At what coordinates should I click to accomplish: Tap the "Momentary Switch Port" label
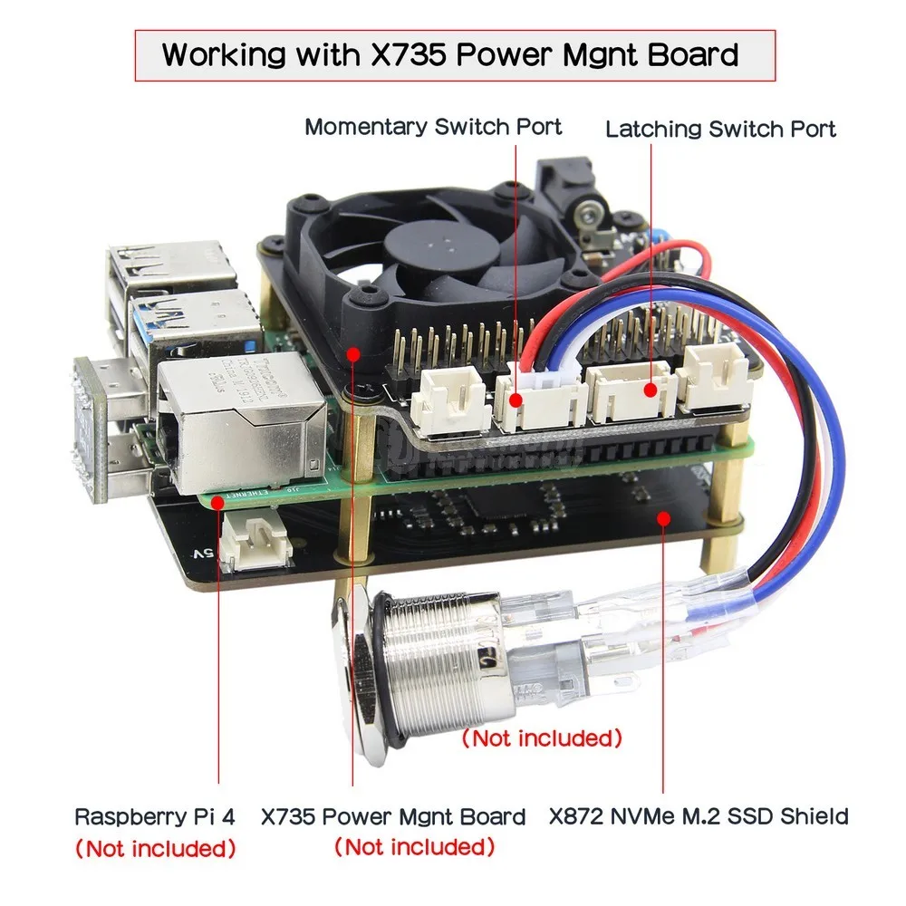(x=433, y=126)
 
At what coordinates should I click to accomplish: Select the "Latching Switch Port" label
(x=720, y=129)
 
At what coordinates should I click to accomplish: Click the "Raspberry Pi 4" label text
(x=155, y=816)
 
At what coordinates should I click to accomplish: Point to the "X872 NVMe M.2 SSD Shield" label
(x=699, y=816)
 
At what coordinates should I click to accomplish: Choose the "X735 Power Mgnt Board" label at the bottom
(x=393, y=816)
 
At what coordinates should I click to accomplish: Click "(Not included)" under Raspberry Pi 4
(x=155, y=849)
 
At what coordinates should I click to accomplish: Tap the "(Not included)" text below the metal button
(x=543, y=738)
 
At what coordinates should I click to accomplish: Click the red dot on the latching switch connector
(x=651, y=390)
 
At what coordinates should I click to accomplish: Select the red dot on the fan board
(x=354, y=352)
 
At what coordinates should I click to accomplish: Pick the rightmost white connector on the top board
(x=716, y=376)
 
